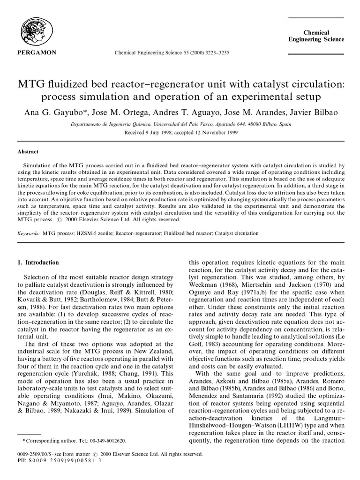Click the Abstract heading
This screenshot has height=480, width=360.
(28, 151)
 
